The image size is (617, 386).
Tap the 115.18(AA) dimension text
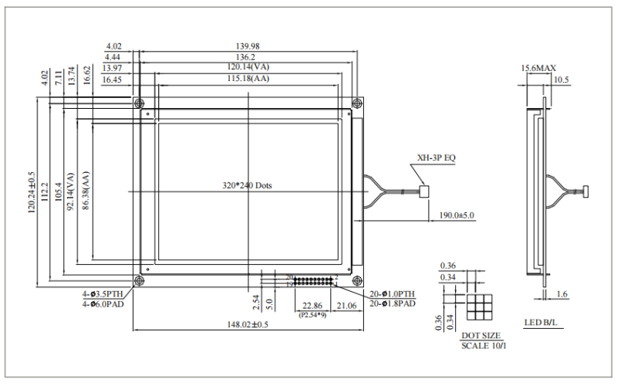point(248,79)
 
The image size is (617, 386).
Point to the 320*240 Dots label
point(247,186)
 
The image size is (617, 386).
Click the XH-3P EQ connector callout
point(437,158)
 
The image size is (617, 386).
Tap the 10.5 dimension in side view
point(561,80)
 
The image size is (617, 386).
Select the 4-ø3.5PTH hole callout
point(103,294)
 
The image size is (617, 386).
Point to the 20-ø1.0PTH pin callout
point(393,294)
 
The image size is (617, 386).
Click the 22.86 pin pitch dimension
point(312,306)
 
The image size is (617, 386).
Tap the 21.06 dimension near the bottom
point(348,306)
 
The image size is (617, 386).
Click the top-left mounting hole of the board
point(138,103)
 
